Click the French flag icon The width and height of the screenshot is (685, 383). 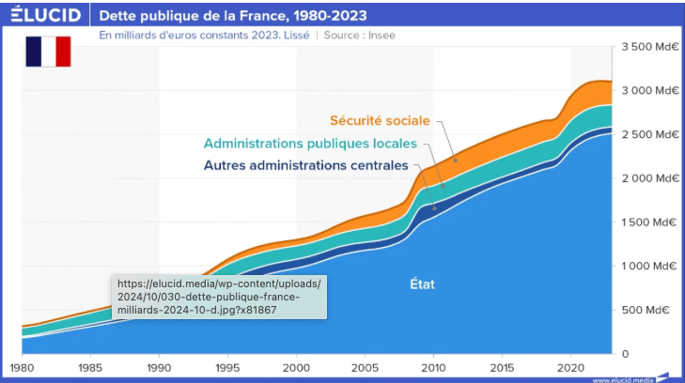48,52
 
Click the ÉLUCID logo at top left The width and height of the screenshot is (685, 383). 45,15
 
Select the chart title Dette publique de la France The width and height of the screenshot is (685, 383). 233,16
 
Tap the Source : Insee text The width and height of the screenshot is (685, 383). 363,34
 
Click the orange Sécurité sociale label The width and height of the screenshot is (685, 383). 379,120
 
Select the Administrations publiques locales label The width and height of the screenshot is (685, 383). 310,145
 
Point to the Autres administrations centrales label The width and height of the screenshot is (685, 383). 305,166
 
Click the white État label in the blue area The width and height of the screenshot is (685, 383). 423,283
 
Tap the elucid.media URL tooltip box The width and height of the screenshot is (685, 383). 219,297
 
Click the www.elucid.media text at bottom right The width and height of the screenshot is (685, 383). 623,379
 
